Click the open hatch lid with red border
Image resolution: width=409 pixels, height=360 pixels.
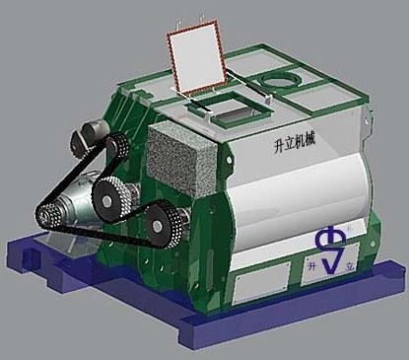click(197, 57)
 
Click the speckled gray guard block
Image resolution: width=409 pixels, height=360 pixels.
click(181, 160)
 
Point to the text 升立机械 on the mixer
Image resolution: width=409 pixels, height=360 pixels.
click(295, 143)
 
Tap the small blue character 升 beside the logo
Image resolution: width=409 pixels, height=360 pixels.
click(311, 265)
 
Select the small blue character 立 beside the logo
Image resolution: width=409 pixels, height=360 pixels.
click(350, 267)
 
